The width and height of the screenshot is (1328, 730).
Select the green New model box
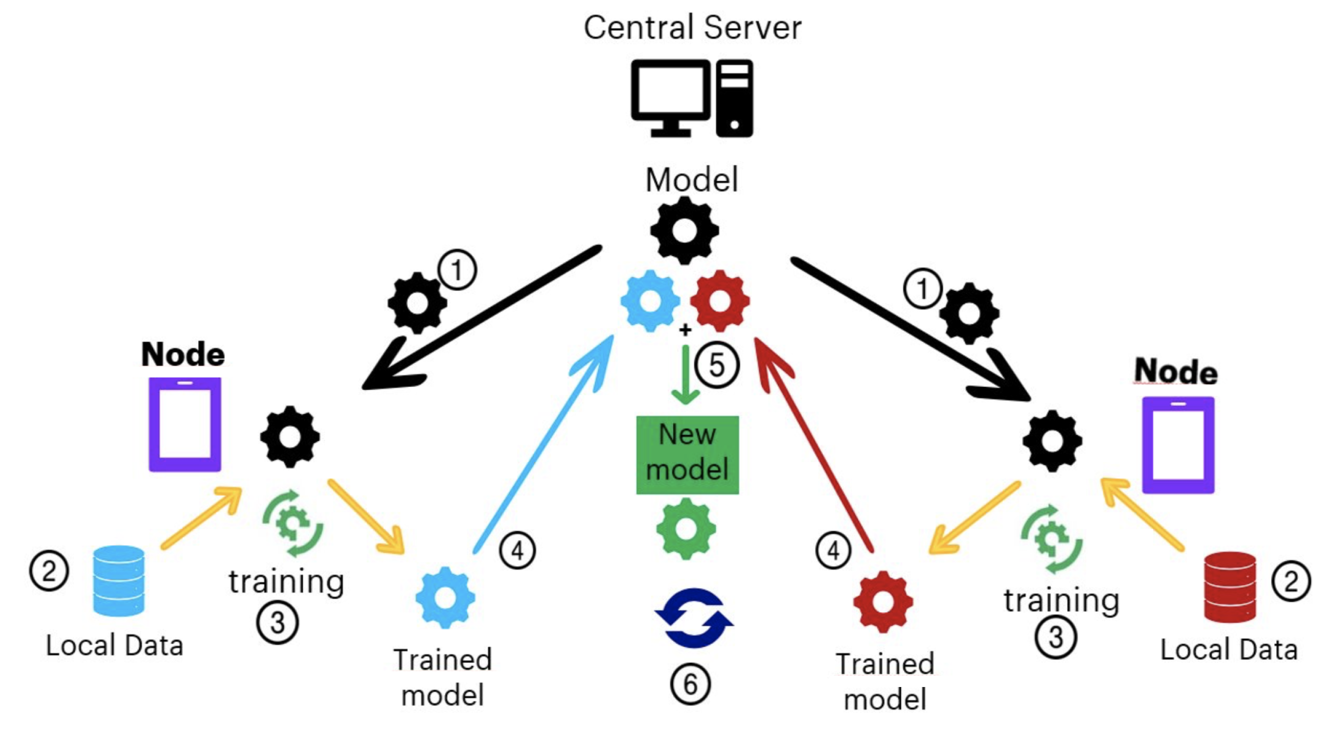point(687,455)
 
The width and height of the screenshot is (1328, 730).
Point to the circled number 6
point(690,683)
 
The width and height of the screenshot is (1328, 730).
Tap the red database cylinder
point(1230,587)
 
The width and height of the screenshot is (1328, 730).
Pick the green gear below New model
point(686,529)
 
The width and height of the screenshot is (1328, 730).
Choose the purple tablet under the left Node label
point(185,424)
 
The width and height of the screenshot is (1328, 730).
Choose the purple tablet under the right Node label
point(1178,444)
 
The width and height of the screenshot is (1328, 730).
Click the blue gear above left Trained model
point(446,597)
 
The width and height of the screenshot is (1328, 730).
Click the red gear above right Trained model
point(882,601)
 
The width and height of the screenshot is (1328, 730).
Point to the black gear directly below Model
point(684,230)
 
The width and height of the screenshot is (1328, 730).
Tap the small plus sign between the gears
point(685,330)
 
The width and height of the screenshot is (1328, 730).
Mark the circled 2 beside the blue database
point(49,571)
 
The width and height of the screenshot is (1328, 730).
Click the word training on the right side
point(1061,600)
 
